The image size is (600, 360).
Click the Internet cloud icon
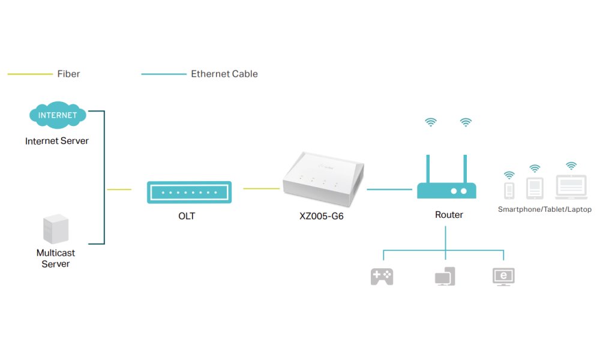[x=58, y=115]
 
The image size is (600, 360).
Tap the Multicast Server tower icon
[x=55, y=230]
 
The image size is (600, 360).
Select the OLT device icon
[x=189, y=192]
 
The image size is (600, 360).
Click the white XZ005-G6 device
[x=323, y=181]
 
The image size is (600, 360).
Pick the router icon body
[x=446, y=191]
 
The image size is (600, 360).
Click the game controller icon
[x=382, y=276]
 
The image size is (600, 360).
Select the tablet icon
[x=535, y=188]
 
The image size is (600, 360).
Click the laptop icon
[x=571, y=188]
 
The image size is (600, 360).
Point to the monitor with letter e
[x=503, y=276]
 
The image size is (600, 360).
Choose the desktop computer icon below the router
[x=445, y=276]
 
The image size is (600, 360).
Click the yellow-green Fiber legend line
[x=30, y=74]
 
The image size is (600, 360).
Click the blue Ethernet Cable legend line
[x=163, y=74]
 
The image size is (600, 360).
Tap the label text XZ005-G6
[x=321, y=216]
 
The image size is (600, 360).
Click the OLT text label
[x=187, y=216]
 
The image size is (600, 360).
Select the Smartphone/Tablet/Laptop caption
[x=545, y=209]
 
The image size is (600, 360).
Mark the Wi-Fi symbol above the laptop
[x=571, y=165]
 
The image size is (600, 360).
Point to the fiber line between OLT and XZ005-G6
[x=262, y=189]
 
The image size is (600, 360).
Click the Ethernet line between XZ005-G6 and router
[x=388, y=189]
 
